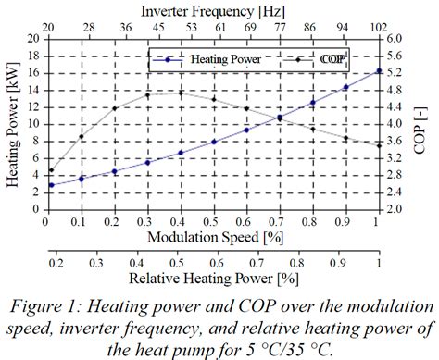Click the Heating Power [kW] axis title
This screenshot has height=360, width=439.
(12, 124)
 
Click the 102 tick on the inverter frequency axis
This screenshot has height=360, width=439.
(378, 27)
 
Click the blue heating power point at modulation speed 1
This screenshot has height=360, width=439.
(378, 71)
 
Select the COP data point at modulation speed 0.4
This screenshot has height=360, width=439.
(181, 93)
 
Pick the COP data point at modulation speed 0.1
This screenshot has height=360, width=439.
(82, 138)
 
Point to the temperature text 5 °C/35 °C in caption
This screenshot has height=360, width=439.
(289, 347)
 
